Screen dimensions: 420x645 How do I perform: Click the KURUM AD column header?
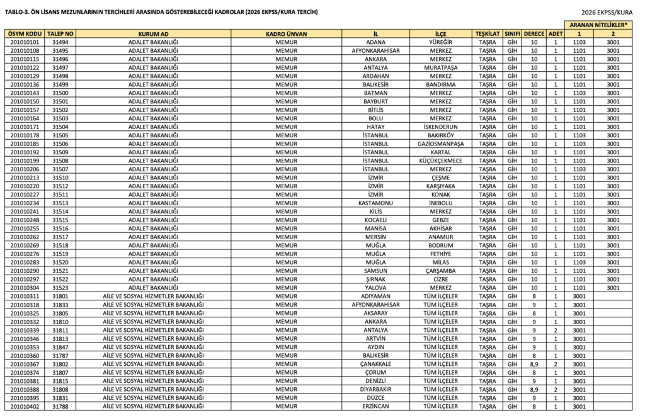tap(153, 33)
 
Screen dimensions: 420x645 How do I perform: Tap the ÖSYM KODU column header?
tap(25, 33)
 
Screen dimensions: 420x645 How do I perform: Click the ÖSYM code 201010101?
tap(25, 42)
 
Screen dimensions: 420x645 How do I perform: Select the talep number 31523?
tap(60, 287)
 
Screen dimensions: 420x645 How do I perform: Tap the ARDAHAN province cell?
tap(375, 76)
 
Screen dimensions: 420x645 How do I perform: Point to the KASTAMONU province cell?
tap(375, 203)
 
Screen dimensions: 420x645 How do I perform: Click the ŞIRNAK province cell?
tap(375, 279)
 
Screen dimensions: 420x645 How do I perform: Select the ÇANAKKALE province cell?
tap(375, 363)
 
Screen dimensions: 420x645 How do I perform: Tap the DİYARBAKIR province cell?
tap(375, 389)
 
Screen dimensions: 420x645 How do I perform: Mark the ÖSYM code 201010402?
tap(25, 406)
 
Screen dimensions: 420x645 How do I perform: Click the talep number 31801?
tap(60, 296)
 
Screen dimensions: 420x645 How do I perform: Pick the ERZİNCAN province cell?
tap(375, 406)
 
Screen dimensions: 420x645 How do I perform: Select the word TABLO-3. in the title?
tap(18, 12)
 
